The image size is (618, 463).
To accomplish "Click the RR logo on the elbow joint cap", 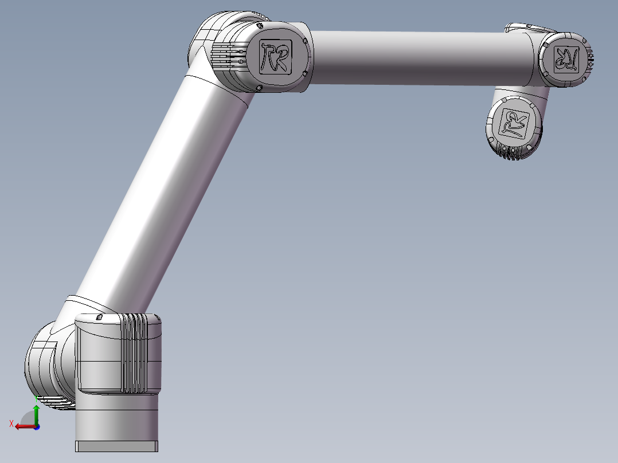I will click(x=275, y=56).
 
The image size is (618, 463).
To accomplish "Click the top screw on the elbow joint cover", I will click(x=260, y=26).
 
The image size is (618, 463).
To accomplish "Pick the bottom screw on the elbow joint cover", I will click(x=260, y=88).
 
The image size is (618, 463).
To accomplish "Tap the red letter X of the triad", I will click(x=11, y=423).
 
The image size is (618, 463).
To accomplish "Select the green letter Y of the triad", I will click(x=36, y=397).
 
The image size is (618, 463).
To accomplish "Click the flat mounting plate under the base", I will click(x=117, y=446).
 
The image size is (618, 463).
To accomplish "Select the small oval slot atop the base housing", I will click(x=99, y=317).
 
